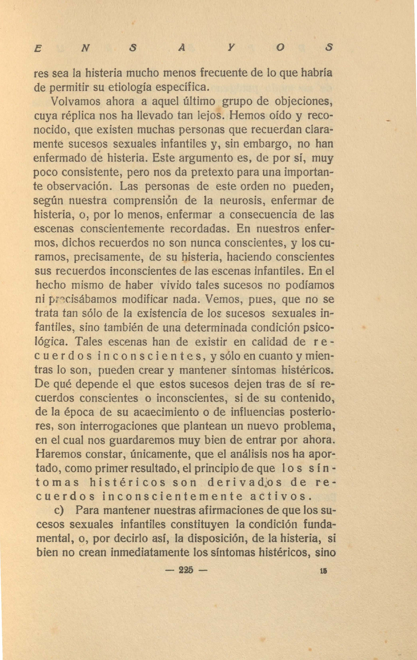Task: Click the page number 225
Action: [186, 571]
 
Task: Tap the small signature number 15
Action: [323, 571]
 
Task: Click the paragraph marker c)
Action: [60, 511]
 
